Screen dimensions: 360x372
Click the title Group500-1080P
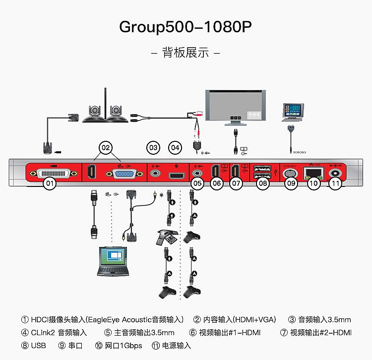pos(186,27)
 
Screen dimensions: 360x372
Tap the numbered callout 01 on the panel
pos(49,183)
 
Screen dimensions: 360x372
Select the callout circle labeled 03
pos(153,147)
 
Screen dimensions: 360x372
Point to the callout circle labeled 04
pos(175,147)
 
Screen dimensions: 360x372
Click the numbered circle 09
pos(290,183)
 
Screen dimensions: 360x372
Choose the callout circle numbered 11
pos(336,183)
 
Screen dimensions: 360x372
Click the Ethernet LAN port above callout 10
pos(312,172)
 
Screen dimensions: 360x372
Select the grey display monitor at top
pos(236,106)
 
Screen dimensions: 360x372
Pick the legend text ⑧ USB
pos(34,345)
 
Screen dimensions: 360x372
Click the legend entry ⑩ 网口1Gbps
pos(119,345)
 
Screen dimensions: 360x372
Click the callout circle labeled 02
pos(106,147)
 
